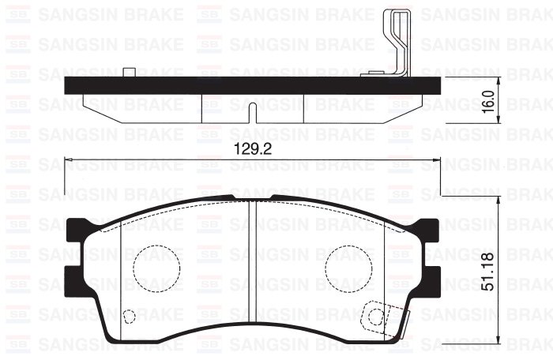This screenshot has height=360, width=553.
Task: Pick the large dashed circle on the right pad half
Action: tap(348, 265)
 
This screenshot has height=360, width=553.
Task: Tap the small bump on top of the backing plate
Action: tap(128, 73)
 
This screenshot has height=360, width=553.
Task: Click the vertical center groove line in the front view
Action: tap(250, 268)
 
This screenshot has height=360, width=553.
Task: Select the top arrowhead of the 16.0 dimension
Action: tap(498, 82)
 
